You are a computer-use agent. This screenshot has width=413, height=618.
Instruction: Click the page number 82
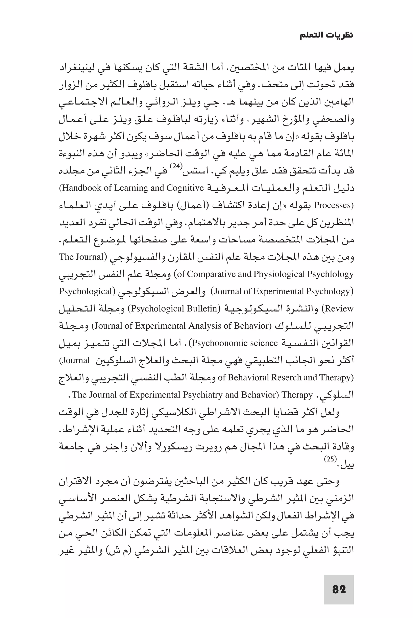pyautogui.click(x=339, y=590)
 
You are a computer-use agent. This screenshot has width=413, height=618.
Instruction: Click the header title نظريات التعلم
pyautogui.click(x=326, y=35)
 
